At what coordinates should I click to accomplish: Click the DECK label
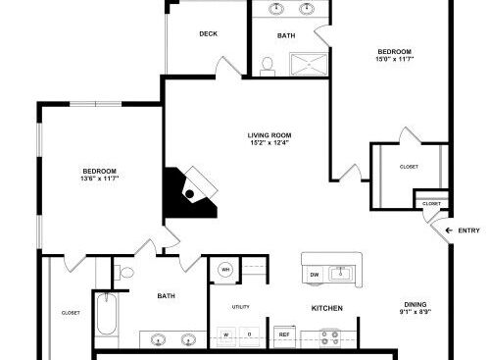(208, 33)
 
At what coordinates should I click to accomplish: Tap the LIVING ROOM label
(269, 135)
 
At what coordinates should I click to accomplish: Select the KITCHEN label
(327, 308)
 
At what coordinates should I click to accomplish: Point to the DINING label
(416, 304)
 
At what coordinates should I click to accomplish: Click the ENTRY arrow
(449, 231)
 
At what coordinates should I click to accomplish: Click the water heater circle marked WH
(225, 270)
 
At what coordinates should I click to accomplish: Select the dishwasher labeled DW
(315, 275)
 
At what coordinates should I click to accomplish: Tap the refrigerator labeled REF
(284, 334)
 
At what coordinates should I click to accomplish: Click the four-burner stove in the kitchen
(329, 338)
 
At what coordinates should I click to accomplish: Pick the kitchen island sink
(341, 274)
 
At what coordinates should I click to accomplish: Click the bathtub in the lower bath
(107, 314)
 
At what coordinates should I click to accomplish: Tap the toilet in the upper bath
(268, 67)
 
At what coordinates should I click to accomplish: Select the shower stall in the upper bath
(309, 64)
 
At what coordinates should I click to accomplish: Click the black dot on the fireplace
(189, 194)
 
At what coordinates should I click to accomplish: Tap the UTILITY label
(241, 307)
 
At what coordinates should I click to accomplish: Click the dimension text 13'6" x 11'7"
(99, 179)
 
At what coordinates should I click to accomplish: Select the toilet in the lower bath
(123, 273)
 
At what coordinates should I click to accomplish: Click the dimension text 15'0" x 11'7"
(395, 59)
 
